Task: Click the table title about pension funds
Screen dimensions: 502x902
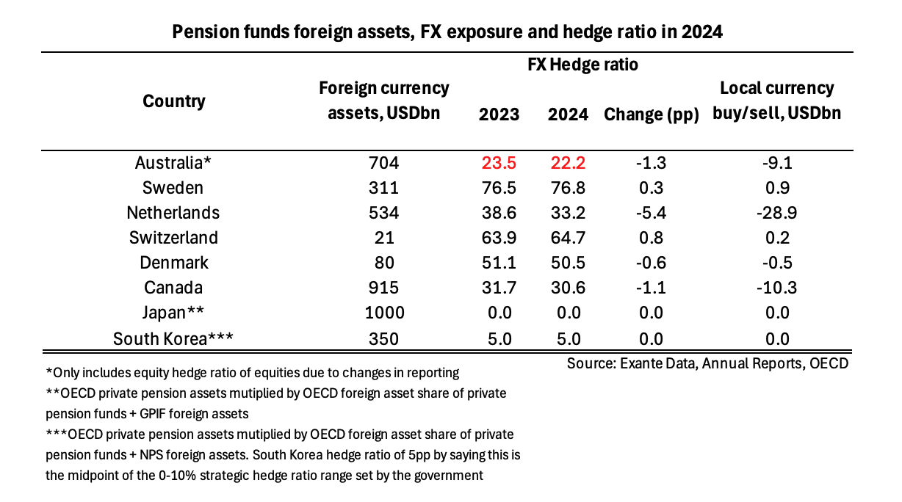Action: [447, 32]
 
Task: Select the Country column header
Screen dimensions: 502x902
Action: [174, 101]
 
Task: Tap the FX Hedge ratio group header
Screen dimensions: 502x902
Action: [583, 65]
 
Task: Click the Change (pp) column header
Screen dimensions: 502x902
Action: [650, 114]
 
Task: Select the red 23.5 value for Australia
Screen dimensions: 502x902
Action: [499, 163]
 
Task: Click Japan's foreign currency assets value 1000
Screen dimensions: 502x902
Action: [383, 313]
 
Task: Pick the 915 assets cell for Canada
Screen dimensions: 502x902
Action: [383, 288]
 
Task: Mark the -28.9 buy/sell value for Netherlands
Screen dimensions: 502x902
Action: [776, 213]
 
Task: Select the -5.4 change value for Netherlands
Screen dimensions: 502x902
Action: [649, 213]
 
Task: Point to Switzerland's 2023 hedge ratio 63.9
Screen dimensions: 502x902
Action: [499, 238]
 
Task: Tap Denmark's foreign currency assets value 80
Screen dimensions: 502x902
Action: [383, 263]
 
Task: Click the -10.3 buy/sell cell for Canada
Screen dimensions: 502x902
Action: [776, 288]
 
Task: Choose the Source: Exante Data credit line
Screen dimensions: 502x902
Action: [707, 363]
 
